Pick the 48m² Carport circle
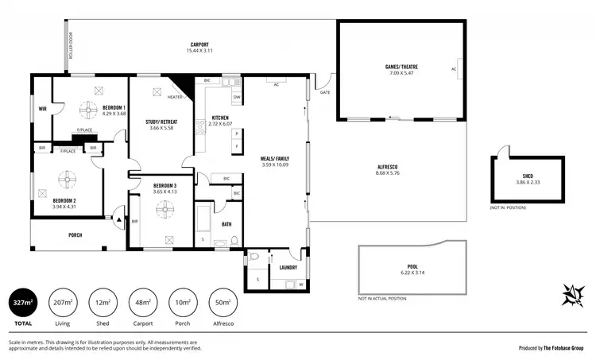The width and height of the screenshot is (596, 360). [x=145, y=303]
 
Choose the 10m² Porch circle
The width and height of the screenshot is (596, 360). [x=184, y=303]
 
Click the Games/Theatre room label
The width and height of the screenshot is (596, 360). [x=403, y=66]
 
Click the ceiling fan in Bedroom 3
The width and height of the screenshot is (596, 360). [x=165, y=208]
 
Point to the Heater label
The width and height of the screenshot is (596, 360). [x=175, y=97]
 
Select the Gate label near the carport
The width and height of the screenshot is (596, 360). [x=324, y=92]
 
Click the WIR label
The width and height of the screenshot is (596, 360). [x=42, y=109]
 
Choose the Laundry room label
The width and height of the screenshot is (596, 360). [x=288, y=267]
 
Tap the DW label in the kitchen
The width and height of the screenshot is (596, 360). [x=237, y=98]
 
